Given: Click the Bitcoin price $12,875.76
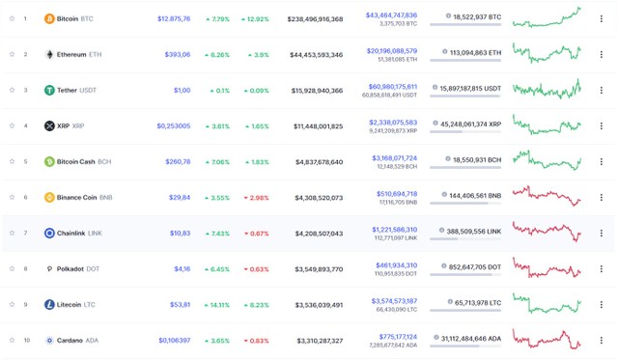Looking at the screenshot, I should point(174,18).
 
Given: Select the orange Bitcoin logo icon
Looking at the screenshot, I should point(49,18).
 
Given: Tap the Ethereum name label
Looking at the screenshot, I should point(71,54).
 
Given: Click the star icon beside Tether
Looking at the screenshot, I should point(12,90).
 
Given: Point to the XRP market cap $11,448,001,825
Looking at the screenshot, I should point(317,125).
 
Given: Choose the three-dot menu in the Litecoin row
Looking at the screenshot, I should point(601,304).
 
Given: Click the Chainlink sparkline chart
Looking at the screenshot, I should point(546,233).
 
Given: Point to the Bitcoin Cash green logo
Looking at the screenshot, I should point(49,161).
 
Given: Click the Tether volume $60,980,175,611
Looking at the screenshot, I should point(392,86).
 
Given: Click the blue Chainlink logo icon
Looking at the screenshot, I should point(49,233).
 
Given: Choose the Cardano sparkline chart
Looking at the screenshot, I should point(546,340).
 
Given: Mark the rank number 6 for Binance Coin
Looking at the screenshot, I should point(25,197).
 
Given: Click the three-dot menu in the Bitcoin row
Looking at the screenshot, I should point(601,18).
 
